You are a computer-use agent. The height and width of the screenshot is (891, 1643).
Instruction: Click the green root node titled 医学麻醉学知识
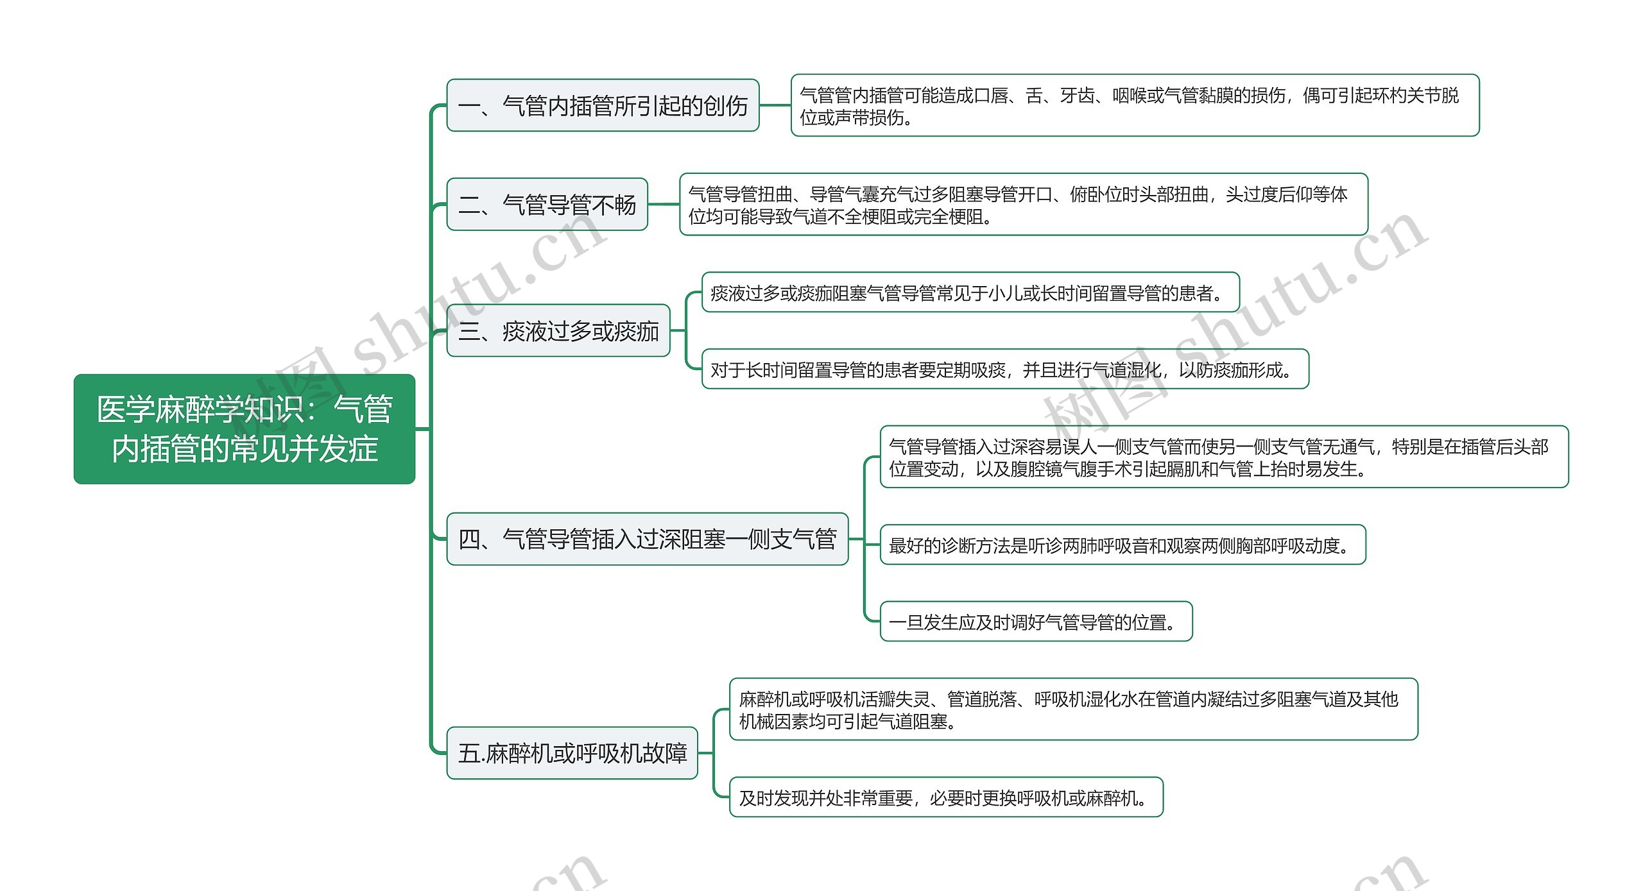click(244, 429)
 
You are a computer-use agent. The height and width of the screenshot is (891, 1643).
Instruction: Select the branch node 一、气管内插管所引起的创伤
click(602, 106)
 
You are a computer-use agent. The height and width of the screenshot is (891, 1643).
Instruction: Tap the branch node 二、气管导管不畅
click(547, 205)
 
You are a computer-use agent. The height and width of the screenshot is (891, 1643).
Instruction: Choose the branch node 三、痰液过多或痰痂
click(558, 331)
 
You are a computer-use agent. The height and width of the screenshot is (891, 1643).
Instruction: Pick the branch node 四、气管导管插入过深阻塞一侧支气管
click(647, 539)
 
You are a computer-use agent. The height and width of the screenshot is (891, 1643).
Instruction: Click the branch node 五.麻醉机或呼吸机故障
click(572, 753)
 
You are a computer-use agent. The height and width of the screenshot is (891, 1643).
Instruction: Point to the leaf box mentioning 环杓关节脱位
click(1134, 106)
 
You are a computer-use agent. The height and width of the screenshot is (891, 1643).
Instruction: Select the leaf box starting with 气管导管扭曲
click(1023, 205)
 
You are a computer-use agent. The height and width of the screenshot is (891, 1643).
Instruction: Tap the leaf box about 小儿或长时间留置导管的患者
click(970, 293)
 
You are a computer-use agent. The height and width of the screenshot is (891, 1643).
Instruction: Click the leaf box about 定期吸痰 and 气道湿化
click(1004, 369)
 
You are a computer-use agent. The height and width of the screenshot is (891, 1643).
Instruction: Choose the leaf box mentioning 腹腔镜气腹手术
click(1223, 457)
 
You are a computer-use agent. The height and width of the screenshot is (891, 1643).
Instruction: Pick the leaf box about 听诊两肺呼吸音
click(1122, 545)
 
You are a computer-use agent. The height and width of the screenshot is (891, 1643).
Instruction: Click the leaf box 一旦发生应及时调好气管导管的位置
click(1035, 622)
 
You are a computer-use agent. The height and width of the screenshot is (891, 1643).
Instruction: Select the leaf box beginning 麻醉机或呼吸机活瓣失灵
click(1073, 709)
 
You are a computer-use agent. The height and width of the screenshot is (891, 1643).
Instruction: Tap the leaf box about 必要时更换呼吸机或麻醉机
click(945, 797)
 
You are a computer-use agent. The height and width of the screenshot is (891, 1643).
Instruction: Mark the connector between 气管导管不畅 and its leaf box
click(664, 205)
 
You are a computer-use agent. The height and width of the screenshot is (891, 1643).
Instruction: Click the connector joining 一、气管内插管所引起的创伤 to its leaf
click(775, 106)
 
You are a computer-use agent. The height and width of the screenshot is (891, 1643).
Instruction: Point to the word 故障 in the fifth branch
click(666, 753)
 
